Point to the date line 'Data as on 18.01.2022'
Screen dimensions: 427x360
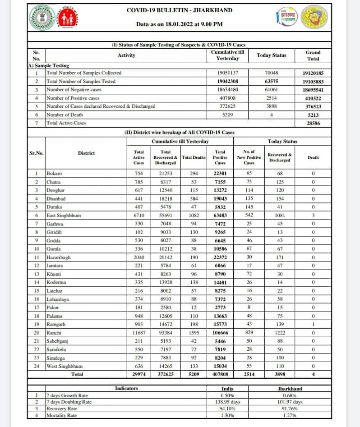[179, 24]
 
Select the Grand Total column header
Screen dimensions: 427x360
[313, 55]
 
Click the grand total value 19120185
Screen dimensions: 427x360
[313, 73]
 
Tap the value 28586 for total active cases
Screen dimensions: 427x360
[313, 123]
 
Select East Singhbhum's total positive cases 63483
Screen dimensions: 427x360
[220, 216]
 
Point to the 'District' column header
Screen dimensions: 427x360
[86, 153]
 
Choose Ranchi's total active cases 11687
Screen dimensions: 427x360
[139, 332]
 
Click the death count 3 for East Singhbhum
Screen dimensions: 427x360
[313, 216]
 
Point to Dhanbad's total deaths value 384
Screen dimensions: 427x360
[194, 198]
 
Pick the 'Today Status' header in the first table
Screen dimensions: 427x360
[271, 55]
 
